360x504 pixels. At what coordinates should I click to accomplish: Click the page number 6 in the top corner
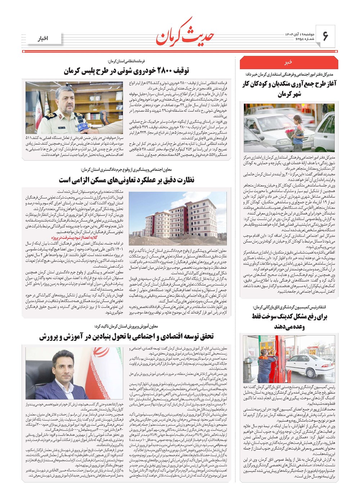click(325, 36)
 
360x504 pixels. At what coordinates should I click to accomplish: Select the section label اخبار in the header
click(43, 38)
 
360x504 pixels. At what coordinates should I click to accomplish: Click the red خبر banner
click(289, 62)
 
